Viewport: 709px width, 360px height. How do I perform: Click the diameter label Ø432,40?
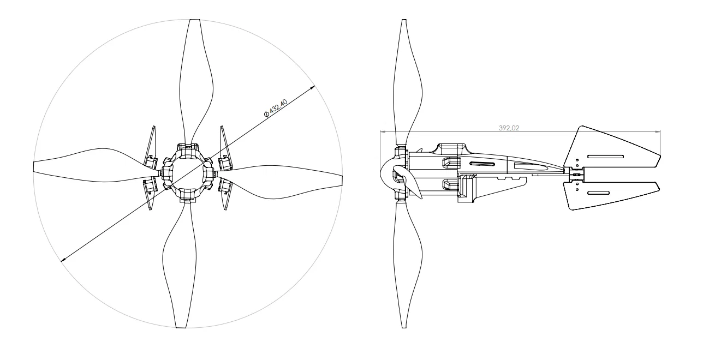pos(276,108)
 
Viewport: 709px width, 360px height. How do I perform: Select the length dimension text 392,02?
pos(509,128)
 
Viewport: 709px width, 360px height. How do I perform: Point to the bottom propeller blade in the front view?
pos(180,266)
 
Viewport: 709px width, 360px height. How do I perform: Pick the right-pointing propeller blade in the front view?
pos(278,182)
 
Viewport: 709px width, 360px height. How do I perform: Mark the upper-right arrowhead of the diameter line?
pos(312,87)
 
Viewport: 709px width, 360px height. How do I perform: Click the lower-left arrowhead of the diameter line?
pos(63,260)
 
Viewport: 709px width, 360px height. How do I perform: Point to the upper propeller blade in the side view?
pos(407,82)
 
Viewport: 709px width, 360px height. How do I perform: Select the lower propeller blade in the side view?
pos(407,266)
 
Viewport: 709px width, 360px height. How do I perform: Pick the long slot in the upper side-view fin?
pos(605,157)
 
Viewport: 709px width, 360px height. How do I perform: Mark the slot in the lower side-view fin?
pos(599,193)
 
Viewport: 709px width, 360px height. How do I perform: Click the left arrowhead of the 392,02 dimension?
pos(383,131)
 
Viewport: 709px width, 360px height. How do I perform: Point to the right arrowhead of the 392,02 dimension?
pos(658,131)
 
